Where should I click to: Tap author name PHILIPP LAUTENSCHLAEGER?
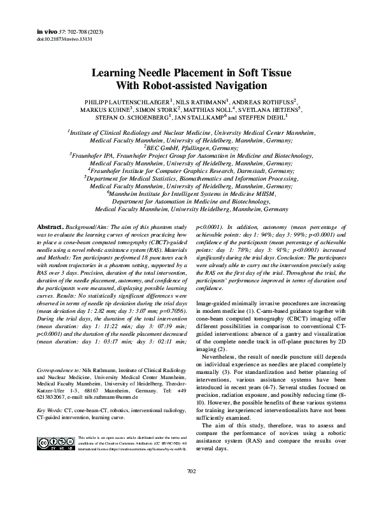tap(126, 102)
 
